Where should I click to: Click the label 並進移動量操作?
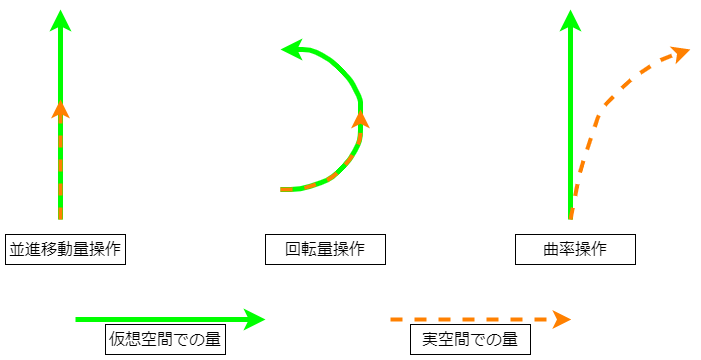(65, 249)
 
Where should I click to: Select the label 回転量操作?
(325, 249)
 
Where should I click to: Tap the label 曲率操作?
(575, 249)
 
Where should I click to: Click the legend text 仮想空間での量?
(165, 340)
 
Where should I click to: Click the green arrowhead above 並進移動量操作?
(61, 20)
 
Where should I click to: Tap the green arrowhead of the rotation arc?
(292, 48)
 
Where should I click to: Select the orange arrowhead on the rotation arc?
(361, 120)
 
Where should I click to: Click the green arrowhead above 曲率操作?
(571, 20)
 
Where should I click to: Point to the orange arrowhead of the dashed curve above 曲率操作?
(680, 53)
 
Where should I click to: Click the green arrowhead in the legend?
(255, 319)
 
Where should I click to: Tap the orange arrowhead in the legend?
(560, 319)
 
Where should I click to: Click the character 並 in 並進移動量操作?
(17, 249)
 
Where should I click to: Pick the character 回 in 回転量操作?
(293, 249)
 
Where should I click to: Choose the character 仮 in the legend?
(117, 340)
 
